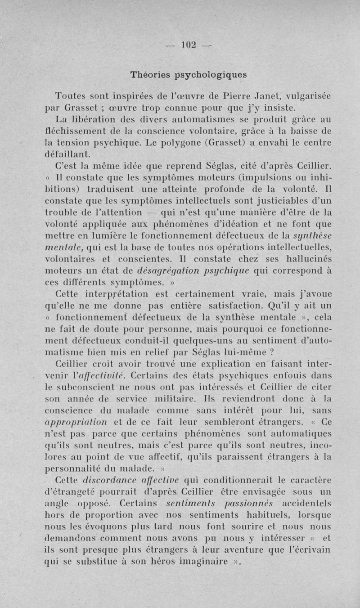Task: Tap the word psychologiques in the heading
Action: (x=211, y=76)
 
